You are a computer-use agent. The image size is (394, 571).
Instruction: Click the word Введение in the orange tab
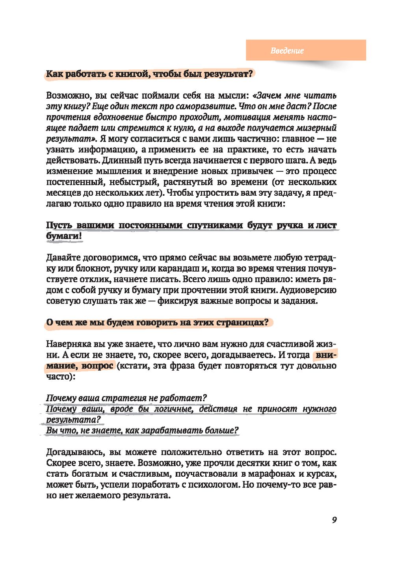pos(287,51)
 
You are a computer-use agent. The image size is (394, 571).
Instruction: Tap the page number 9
pos(334,520)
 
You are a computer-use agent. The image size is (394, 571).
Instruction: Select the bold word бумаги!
pos(64,236)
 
